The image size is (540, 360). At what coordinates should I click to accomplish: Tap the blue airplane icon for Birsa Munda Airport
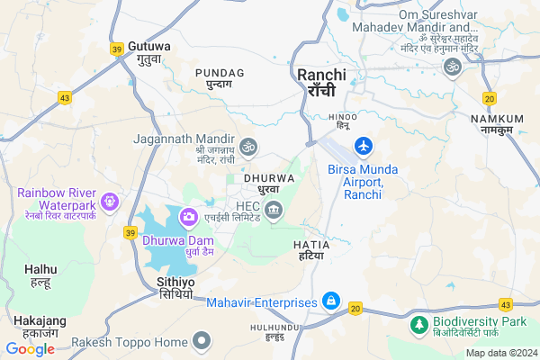[x=364, y=145]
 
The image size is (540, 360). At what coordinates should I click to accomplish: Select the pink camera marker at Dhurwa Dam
[x=189, y=216]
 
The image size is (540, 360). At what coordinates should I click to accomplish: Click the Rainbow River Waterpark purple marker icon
[x=111, y=202]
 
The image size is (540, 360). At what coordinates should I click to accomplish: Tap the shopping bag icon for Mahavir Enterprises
[x=331, y=301]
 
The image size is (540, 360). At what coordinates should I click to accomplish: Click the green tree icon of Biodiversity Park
[x=419, y=323]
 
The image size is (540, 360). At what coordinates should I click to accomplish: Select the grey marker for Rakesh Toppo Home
[x=202, y=341]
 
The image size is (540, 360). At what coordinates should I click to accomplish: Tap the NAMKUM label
[x=496, y=124]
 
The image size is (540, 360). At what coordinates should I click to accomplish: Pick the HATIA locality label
[x=311, y=250]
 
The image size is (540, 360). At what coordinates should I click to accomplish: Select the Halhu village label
[x=40, y=274]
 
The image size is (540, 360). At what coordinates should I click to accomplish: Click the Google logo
[x=30, y=349]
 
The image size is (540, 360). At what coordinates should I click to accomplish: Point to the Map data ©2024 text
[x=499, y=353]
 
